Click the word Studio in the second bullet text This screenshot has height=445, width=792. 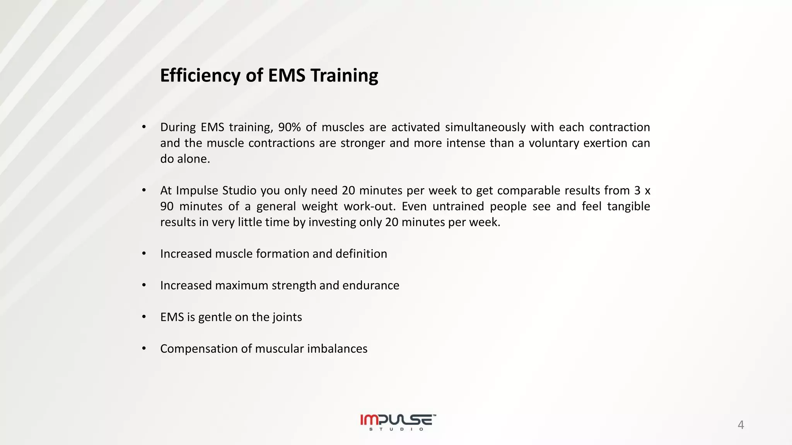pos(239,190)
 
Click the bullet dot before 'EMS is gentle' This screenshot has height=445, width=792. pos(144,317)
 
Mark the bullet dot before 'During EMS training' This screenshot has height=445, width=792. pos(144,127)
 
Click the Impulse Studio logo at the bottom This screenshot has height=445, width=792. pos(398,422)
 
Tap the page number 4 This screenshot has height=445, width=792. pos(741,425)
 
